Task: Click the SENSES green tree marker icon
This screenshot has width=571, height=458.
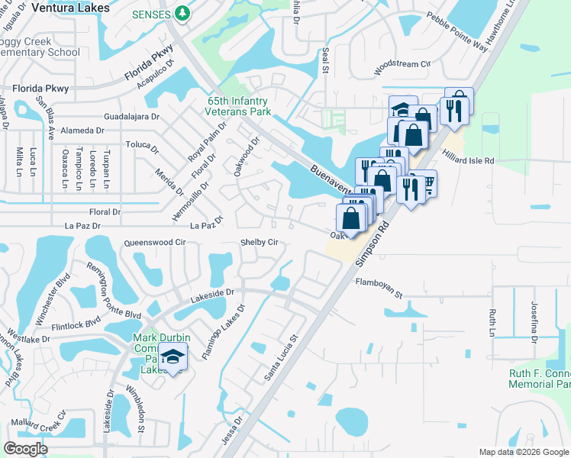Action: point(182,13)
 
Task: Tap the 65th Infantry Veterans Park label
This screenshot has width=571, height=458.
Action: point(239,106)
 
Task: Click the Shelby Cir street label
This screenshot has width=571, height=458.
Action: point(259,243)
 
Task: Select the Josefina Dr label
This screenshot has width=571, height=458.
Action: point(534,320)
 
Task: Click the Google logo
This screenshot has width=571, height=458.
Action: point(26,449)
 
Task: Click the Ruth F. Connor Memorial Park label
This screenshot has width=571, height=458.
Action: point(541,379)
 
